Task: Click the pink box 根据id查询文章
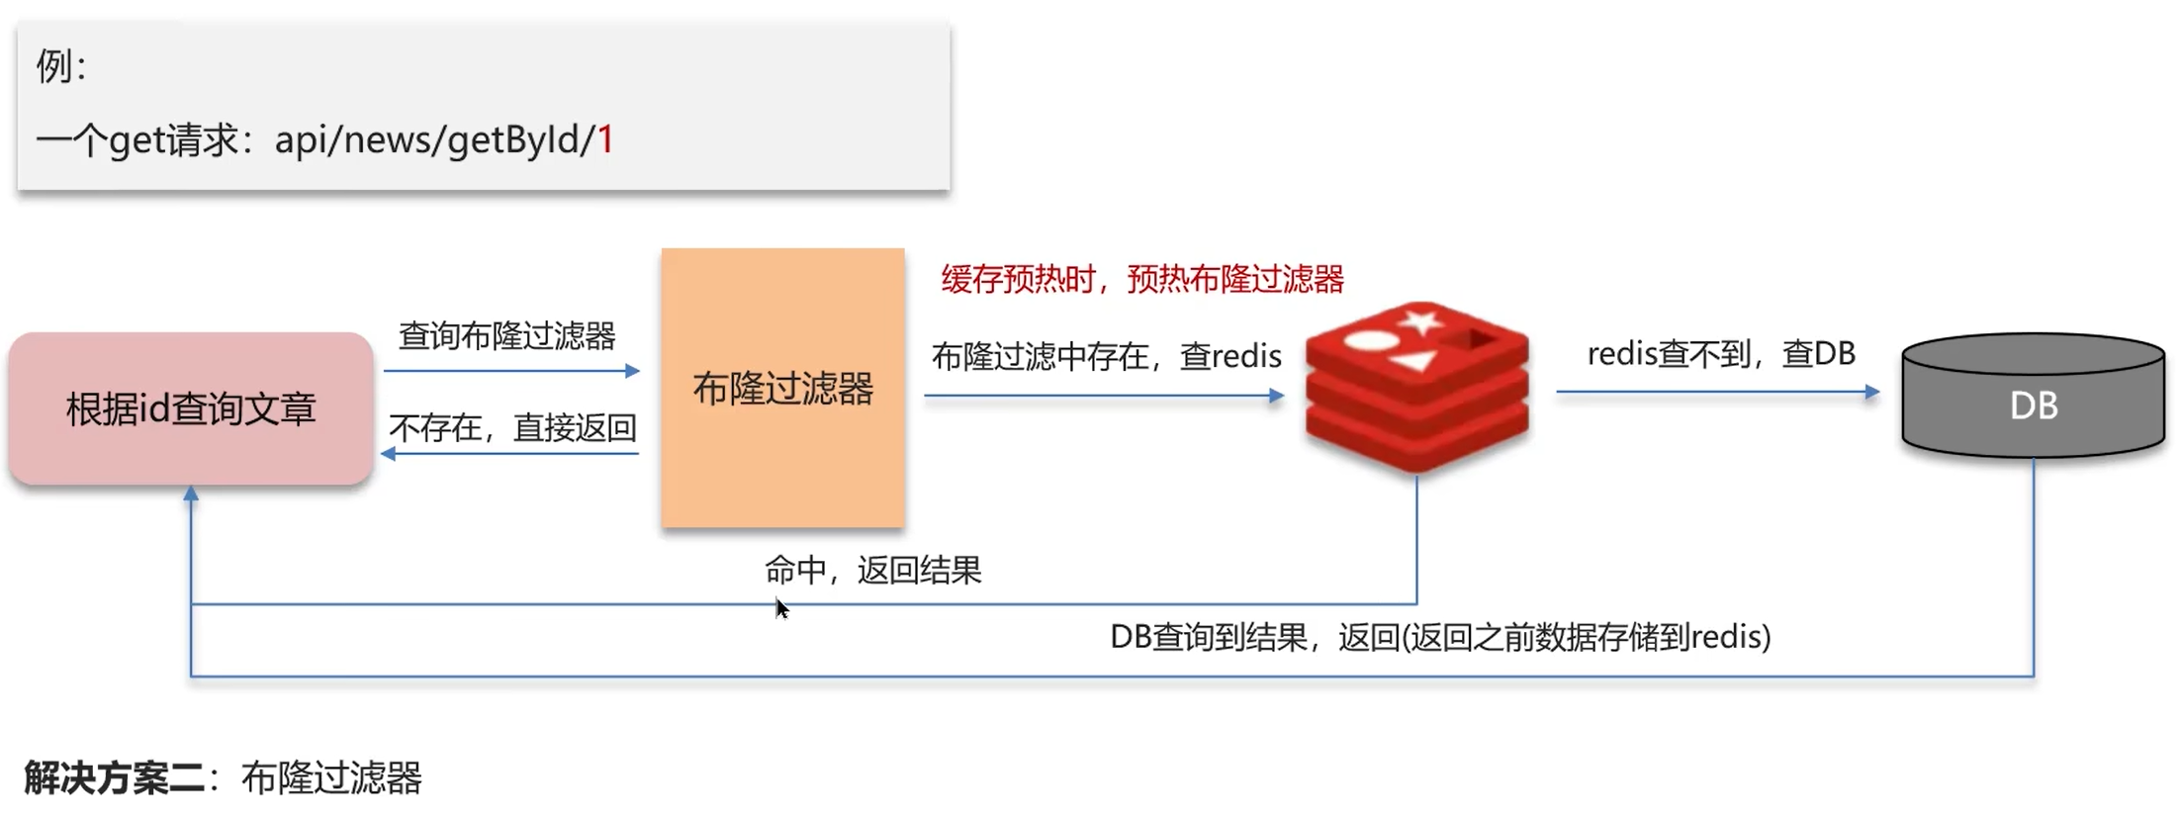[x=191, y=409]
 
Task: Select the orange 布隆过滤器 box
[x=782, y=388]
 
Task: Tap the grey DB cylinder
[x=2033, y=401]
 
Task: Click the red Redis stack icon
[x=1416, y=388]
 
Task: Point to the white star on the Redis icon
[x=1421, y=321]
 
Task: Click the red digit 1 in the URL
[x=605, y=139]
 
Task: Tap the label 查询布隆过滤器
[x=506, y=336]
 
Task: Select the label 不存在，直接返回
[x=512, y=428]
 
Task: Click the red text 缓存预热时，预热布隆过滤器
[x=1142, y=280]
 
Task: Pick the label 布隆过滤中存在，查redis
[x=1106, y=356]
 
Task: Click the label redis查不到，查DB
[x=1720, y=354]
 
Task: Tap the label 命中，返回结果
[x=872, y=571]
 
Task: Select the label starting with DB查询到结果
[x=1439, y=637]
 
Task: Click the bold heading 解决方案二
[x=115, y=778]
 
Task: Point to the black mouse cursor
[x=780, y=607]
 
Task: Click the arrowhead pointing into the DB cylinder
[x=1871, y=392]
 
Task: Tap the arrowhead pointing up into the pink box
[x=191, y=493]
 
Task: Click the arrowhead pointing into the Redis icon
[x=1276, y=396]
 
